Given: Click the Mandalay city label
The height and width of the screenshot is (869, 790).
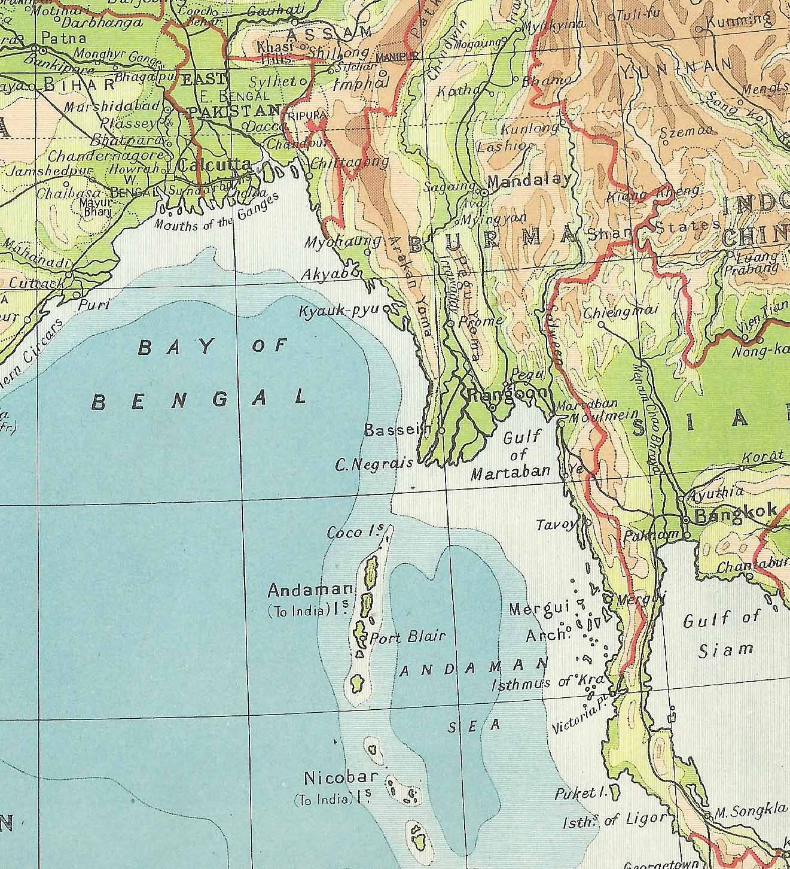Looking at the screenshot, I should (x=529, y=181).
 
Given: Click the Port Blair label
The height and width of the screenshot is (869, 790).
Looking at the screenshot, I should (x=408, y=637).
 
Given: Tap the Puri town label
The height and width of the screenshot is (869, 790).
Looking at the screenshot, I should (x=95, y=305).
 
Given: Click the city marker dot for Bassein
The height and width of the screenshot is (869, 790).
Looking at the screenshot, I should (x=441, y=430).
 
